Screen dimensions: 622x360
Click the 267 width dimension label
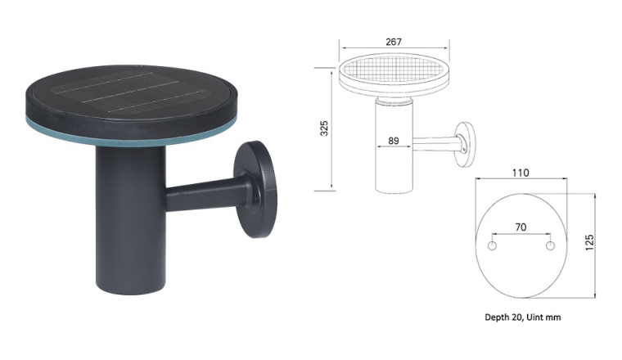(x=393, y=42)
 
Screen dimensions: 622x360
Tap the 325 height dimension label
(x=324, y=128)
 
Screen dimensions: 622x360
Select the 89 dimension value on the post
(x=393, y=141)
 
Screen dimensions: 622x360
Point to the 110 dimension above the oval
(x=521, y=173)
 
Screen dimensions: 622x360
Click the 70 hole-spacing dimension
(x=521, y=227)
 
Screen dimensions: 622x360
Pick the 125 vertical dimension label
(x=589, y=242)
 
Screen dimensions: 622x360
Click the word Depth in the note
(x=496, y=317)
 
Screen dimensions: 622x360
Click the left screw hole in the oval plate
(x=492, y=245)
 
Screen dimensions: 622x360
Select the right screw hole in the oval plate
(x=550, y=245)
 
